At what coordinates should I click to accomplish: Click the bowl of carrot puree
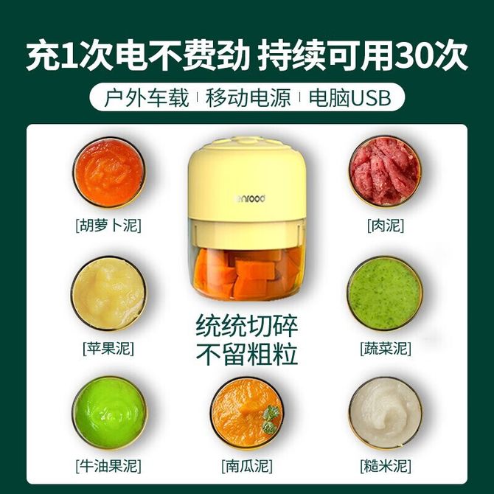(109, 173)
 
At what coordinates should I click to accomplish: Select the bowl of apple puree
(109, 293)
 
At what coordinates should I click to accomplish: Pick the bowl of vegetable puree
(385, 293)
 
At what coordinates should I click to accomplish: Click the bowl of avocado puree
(109, 412)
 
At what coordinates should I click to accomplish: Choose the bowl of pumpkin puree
(247, 412)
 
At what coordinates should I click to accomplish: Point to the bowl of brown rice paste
(386, 412)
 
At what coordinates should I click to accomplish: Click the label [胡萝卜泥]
(108, 226)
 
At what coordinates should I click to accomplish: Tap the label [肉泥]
(386, 226)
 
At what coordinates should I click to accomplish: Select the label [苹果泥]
(108, 349)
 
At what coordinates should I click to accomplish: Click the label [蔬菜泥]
(386, 349)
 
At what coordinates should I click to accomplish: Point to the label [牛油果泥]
(108, 466)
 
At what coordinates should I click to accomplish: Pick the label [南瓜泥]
(247, 466)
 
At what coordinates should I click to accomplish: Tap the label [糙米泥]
(386, 466)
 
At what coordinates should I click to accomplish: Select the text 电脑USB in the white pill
(349, 97)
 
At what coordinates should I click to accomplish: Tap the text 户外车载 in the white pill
(146, 97)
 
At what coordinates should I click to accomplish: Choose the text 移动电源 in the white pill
(248, 97)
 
